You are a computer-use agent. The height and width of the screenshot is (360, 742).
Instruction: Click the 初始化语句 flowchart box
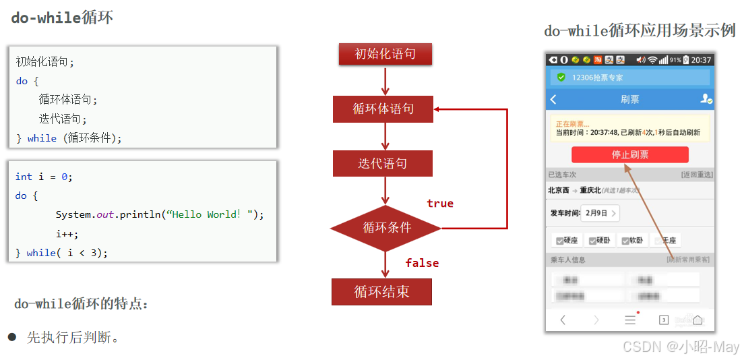(x=385, y=54)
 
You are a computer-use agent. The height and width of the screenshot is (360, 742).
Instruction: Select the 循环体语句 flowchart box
(x=383, y=109)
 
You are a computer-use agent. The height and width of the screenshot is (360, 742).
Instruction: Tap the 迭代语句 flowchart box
(x=382, y=163)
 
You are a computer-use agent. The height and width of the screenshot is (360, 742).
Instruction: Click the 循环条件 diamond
(x=385, y=228)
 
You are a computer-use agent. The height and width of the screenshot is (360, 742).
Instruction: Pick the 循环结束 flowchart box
(x=381, y=292)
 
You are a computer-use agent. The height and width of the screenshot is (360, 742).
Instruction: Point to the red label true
(x=440, y=203)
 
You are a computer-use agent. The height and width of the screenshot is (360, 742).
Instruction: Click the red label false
(x=422, y=263)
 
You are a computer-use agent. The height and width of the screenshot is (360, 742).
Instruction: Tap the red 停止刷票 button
(x=629, y=155)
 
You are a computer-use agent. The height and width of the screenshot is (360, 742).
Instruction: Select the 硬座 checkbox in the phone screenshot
(x=560, y=241)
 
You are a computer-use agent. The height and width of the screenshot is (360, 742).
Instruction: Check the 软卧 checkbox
(x=626, y=241)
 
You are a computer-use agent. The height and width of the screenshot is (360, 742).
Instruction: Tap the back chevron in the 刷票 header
(x=554, y=100)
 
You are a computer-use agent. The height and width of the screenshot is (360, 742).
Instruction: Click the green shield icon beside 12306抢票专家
(x=561, y=78)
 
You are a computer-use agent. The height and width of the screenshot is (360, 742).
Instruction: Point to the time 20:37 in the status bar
(x=701, y=60)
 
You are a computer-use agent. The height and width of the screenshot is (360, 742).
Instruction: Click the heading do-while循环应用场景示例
(x=640, y=31)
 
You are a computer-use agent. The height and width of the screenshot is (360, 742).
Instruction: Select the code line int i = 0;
(x=44, y=177)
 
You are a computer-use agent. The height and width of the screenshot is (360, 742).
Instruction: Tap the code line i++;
(x=67, y=234)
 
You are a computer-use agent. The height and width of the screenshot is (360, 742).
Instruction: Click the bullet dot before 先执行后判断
(x=11, y=336)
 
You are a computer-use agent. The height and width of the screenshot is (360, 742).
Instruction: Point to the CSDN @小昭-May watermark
(x=681, y=347)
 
